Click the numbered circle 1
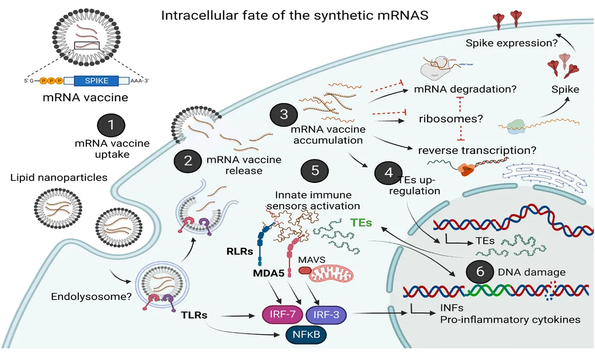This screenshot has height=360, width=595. click(111, 124)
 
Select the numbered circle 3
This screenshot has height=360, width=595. click(284, 114)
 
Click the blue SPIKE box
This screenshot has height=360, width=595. click(96, 81)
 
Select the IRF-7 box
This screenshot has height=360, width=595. click(281, 314)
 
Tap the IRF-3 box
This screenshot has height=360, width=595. click(326, 314)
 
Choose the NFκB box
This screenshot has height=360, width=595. click(305, 335)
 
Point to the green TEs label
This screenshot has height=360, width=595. click(363, 223)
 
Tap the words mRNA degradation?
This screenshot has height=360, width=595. click(467, 90)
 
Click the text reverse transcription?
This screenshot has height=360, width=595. click(477, 150)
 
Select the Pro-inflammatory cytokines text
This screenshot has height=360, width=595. click(510, 319)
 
